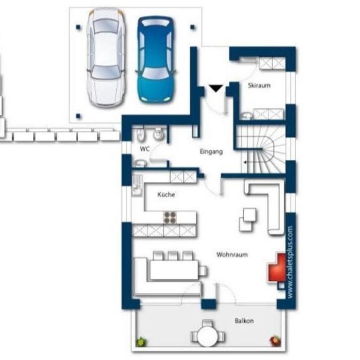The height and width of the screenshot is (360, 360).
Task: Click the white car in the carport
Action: (x=106, y=58)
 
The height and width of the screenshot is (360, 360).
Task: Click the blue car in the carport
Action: (x=156, y=59)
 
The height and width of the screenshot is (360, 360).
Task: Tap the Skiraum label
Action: (x=259, y=85)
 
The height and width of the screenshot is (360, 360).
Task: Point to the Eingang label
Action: (x=211, y=152)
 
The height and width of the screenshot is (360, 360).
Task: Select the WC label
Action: (x=145, y=149)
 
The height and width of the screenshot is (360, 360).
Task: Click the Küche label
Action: (x=166, y=195)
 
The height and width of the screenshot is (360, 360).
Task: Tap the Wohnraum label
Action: (x=232, y=255)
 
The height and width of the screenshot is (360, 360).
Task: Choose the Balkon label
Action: (x=244, y=321)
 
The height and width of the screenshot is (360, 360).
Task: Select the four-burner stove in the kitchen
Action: (x=170, y=217)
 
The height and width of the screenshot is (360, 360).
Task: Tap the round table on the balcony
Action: (x=207, y=336)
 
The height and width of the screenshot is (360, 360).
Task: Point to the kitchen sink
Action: (x=137, y=186)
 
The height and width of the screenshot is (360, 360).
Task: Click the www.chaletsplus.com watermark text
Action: (x=290, y=262)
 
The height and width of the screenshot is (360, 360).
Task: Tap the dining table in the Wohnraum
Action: (x=174, y=270)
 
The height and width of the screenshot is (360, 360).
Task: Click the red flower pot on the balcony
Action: (x=276, y=341)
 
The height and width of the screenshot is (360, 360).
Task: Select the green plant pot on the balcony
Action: (x=141, y=342)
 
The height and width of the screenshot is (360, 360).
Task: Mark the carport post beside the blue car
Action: (x=192, y=27)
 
